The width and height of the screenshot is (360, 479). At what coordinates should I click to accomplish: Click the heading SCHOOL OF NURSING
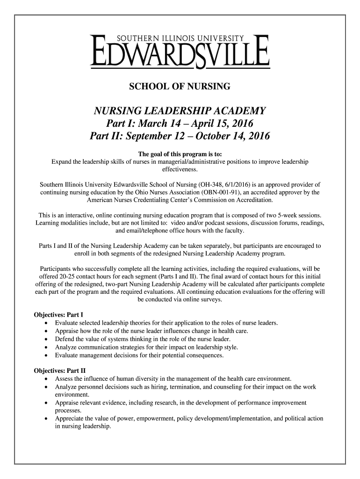click(180, 87)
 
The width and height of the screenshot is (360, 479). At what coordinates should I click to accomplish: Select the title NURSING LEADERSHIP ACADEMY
click(180, 112)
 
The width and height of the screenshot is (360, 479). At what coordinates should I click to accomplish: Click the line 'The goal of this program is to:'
click(180, 154)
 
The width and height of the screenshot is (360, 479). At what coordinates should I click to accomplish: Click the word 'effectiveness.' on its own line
click(180, 169)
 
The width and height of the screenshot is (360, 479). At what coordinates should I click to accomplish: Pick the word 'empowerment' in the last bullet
click(150, 419)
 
